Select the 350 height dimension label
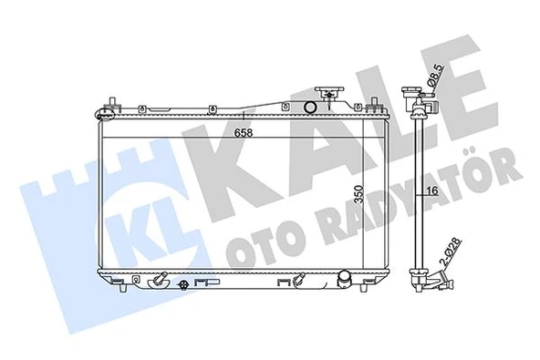point(359,196)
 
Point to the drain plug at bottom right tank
point(345,278)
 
